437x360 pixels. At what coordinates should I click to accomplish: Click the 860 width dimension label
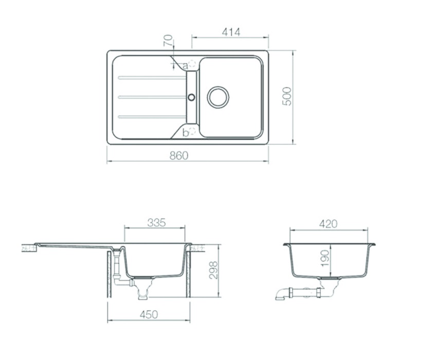[x=179, y=156]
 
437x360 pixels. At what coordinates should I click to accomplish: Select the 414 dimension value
[x=231, y=32]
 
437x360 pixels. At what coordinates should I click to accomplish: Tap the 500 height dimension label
[x=287, y=97]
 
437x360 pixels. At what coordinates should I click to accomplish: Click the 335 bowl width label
[x=156, y=222]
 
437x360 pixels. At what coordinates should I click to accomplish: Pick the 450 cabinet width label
[x=149, y=314]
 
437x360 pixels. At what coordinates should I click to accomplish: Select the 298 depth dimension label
[x=214, y=270]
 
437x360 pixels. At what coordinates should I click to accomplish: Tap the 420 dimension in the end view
[x=328, y=224]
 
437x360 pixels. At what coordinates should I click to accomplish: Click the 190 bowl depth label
[x=325, y=258]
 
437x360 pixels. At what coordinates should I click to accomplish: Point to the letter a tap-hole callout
[x=185, y=66]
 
